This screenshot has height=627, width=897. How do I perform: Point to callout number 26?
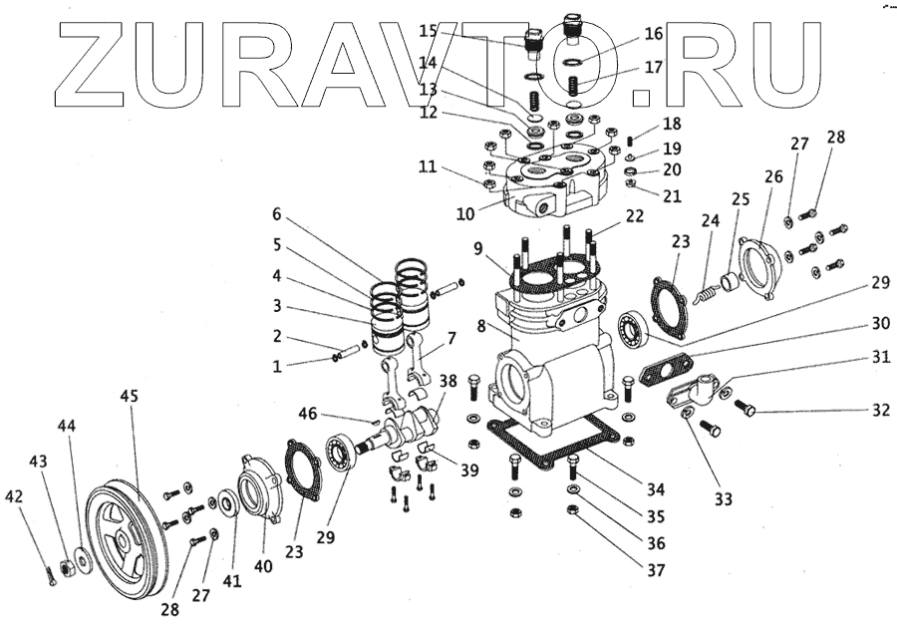773,176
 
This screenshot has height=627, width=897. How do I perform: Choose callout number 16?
653,34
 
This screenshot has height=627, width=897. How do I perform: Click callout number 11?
427,167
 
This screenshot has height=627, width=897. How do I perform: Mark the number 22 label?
635,216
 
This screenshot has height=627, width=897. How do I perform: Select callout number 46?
309,412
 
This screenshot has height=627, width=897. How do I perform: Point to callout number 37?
655,571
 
